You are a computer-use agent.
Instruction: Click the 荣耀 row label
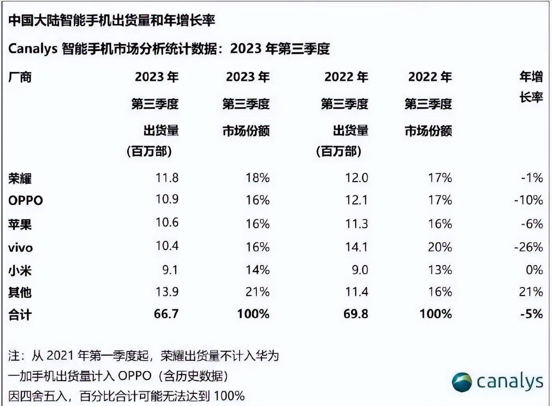[x=20, y=178]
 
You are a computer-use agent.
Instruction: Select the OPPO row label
[x=25, y=200]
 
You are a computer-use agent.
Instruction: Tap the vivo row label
[x=20, y=248]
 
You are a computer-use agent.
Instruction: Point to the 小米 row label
[x=20, y=271]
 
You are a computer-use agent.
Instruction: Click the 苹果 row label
[x=20, y=224]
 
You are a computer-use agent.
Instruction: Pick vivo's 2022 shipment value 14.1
[x=356, y=247]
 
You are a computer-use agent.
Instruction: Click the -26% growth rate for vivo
[x=528, y=247]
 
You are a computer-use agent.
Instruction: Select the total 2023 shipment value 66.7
[x=166, y=314]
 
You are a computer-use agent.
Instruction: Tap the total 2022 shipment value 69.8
[x=356, y=314]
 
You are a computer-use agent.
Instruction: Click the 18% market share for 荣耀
[x=258, y=178]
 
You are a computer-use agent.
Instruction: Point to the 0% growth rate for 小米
[x=534, y=270]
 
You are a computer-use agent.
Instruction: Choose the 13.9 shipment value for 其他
[x=167, y=292]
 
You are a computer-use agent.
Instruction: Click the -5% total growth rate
[x=531, y=314]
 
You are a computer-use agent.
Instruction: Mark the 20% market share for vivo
[x=440, y=247]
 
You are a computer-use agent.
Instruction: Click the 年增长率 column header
[x=531, y=86]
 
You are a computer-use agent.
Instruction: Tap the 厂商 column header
[x=20, y=77]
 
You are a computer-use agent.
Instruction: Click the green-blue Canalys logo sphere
[x=462, y=382]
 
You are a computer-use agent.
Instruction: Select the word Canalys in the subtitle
[x=33, y=49]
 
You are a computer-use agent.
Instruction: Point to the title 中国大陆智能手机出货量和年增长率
[x=112, y=20]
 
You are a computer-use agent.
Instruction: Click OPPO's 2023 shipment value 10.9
[x=167, y=199]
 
